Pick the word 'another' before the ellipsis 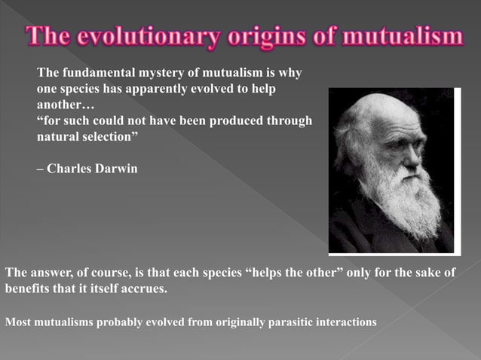tap(61, 105)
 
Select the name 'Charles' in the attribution tap(69, 168)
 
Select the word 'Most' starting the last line tap(18, 322)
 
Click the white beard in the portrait tap(407, 200)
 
